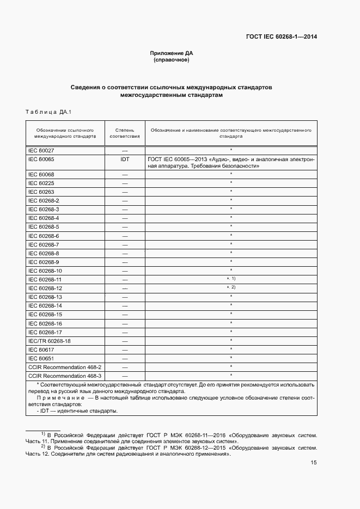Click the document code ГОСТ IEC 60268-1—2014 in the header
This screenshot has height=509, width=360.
[282, 37]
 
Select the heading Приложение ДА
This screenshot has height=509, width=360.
[172, 53]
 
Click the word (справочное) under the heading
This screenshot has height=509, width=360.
[172, 60]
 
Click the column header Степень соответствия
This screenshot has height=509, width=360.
[125, 134]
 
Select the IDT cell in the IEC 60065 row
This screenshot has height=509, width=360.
[125, 159]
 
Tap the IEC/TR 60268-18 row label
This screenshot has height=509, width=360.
[50, 340]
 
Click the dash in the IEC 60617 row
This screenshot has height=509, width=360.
[125, 349]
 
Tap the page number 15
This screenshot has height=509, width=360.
[314, 463]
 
